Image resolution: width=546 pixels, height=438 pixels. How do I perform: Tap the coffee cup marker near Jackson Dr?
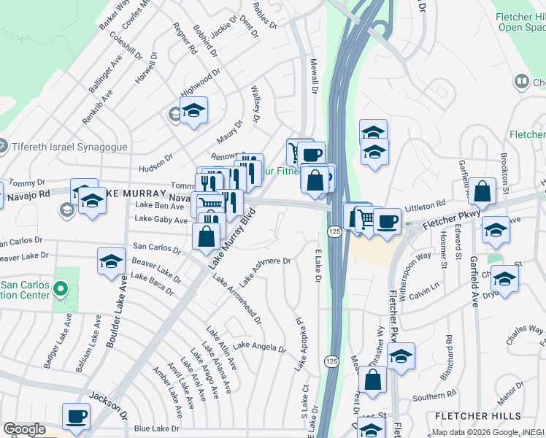tap(76, 417)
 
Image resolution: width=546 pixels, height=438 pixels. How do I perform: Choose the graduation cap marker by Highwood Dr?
tap(193, 111)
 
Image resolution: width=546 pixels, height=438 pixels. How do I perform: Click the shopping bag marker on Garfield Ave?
tap(482, 192)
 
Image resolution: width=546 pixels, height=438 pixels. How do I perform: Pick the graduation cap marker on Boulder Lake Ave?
tap(111, 261)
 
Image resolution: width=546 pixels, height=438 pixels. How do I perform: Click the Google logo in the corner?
tap(24, 429)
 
